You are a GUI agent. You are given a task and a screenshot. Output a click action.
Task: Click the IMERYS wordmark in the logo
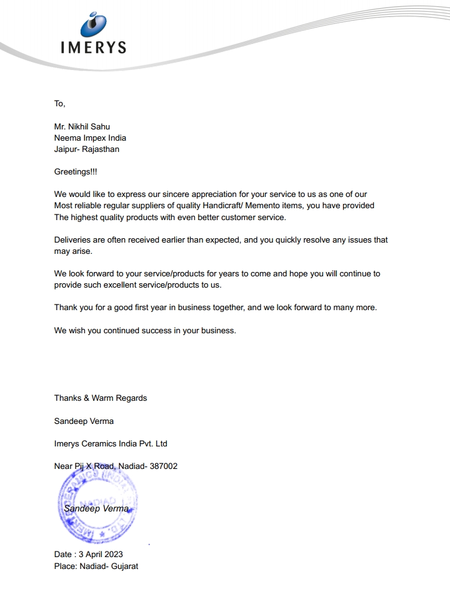pos(94,47)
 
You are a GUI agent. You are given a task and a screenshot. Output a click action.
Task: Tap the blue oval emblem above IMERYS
pos(94,23)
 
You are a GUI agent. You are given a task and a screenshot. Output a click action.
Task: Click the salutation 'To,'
pos(59,103)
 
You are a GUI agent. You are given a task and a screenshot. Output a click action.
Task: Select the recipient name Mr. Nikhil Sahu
pos(82,126)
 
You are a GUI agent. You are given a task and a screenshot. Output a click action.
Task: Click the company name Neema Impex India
pos(90,138)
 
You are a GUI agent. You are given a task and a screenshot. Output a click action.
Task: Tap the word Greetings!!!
pos(76,171)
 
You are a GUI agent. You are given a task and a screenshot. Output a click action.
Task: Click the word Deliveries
pos(73,239)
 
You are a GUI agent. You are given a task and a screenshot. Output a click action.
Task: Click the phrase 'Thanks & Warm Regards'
pos(101,398)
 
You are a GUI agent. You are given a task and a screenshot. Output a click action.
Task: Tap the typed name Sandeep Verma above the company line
pos(84,421)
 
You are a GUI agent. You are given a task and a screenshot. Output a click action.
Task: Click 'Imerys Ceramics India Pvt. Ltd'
pos(111,443)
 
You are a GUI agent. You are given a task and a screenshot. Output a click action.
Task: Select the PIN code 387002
pos(164,466)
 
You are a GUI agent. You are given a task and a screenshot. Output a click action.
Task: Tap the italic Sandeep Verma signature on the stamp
pos(96,508)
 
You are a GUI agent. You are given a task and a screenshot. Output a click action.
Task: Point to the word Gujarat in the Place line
pos(124,566)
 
